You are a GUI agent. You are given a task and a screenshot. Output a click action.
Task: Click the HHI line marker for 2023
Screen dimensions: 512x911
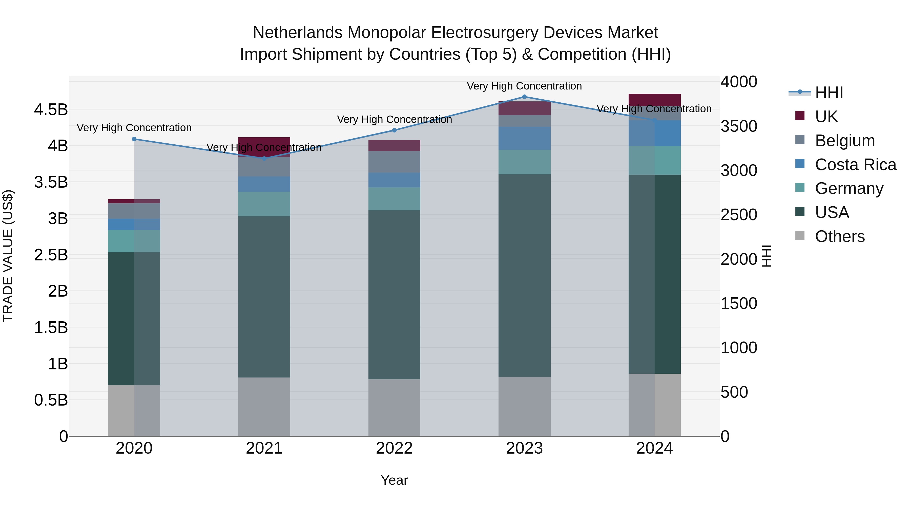(x=525, y=97)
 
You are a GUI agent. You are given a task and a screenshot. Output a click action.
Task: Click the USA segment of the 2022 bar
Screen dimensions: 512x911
(x=394, y=295)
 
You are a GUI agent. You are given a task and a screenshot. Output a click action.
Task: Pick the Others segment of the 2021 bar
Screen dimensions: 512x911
(x=264, y=406)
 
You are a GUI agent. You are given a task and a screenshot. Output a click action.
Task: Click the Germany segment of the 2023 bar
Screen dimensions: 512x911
(x=525, y=162)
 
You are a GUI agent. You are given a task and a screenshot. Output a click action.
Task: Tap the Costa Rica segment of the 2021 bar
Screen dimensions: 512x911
(x=264, y=184)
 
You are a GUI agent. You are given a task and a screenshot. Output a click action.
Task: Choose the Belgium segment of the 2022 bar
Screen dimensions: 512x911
(x=394, y=162)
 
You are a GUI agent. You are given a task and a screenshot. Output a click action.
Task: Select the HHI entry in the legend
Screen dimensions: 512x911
(x=829, y=93)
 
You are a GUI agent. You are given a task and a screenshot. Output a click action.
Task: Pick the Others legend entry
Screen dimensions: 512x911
(x=840, y=236)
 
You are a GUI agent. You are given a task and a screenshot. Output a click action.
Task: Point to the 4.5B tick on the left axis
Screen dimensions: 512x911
(x=51, y=109)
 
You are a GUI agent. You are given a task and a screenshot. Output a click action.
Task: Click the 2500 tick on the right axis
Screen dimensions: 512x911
(x=739, y=215)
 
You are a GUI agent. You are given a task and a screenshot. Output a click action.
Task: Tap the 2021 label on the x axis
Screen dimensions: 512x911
(x=264, y=448)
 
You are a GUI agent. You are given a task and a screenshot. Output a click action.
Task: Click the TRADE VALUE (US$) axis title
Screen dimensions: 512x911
(x=8, y=256)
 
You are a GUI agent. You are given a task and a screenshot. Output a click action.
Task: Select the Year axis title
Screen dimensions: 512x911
(x=394, y=480)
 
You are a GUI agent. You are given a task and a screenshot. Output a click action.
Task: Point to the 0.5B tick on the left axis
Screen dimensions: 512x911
(x=51, y=400)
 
